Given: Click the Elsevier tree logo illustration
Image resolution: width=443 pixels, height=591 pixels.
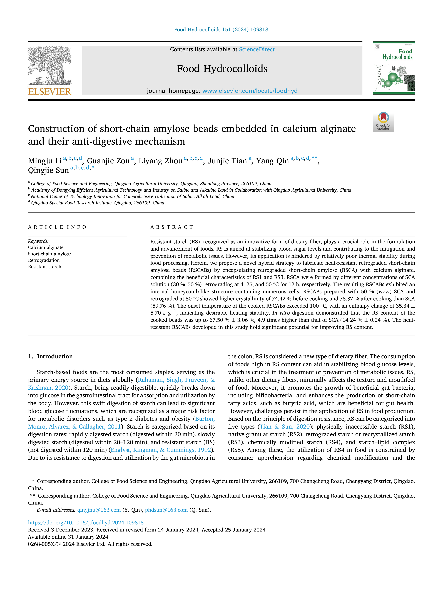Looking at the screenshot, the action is tap(50, 66).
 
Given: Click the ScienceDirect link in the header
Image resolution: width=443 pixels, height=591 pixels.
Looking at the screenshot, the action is tap(257, 50).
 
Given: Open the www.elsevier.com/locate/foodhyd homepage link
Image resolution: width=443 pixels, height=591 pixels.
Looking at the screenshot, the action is tap(250, 91).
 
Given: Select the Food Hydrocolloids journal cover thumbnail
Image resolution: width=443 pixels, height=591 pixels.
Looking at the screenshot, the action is tap(394, 68).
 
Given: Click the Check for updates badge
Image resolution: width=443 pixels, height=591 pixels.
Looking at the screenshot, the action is tap(383, 121).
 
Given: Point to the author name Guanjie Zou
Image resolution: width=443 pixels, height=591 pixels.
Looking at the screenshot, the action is tap(108, 161).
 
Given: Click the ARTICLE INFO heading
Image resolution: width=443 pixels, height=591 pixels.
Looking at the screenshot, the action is tap(57, 227).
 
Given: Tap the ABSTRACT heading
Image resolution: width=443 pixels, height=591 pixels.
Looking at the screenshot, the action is tap(172, 227).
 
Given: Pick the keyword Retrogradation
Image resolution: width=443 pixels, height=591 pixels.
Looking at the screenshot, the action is tap(44, 260).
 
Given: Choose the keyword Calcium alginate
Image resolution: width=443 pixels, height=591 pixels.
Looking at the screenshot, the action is tap(46, 247).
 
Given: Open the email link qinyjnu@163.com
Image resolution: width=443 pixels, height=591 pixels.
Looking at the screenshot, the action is tap(99, 510).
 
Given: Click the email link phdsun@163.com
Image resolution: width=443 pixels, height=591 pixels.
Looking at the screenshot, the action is tap(166, 510).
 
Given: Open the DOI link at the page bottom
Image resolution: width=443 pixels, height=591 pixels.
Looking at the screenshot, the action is tap(86, 523).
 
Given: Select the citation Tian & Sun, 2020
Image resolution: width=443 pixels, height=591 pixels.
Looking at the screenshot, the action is tap(285, 427).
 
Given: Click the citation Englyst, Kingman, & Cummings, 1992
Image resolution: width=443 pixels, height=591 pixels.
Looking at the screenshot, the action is tap(161, 450).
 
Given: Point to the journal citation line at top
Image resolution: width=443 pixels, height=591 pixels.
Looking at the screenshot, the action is tap(221, 30).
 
